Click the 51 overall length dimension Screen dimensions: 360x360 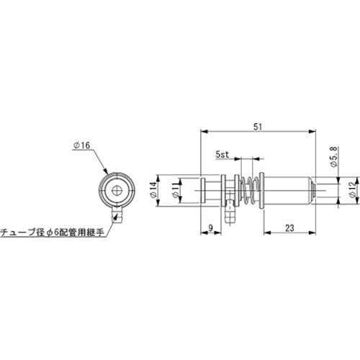point(258,126)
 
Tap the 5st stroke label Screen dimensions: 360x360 point(222,154)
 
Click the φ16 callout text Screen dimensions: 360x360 point(81,145)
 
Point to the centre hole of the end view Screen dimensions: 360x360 point(115,192)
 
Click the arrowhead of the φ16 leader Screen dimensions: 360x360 point(107,173)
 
